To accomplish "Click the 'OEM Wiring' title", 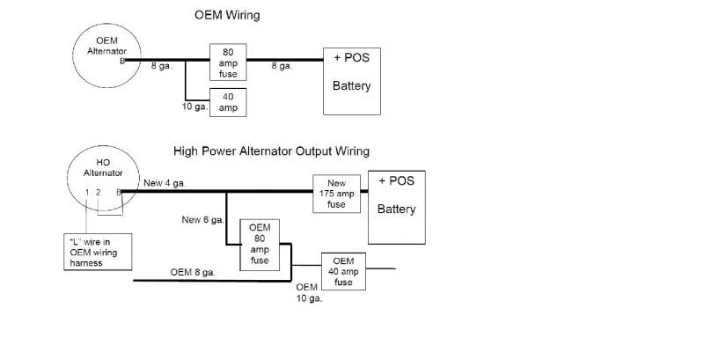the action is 227,15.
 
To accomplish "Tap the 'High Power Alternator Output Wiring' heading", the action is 271,151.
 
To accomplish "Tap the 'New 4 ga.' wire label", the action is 165,183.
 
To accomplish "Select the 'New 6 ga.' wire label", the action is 203,220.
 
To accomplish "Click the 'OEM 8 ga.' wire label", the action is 193,273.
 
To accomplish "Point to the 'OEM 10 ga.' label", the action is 310,293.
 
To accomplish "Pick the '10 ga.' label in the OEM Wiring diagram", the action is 194,107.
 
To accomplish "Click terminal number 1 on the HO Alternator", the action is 87,192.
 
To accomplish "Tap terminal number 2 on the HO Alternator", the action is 98,192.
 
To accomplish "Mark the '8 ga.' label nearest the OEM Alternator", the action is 161,66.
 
